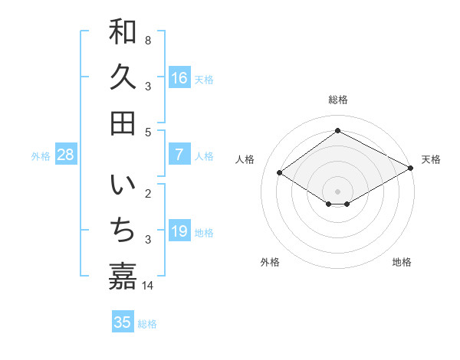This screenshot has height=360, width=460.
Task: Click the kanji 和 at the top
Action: click(123, 32)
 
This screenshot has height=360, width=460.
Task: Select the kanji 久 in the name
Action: click(123, 77)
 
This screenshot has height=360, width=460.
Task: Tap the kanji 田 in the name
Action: click(123, 123)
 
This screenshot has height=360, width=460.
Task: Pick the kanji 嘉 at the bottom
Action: click(123, 277)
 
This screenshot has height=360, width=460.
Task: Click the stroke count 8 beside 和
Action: click(148, 39)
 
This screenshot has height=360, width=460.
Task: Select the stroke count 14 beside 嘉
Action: click(148, 286)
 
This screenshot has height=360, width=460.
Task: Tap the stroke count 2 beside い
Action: click(148, 193)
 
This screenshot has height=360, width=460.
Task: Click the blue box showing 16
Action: click(179, 78)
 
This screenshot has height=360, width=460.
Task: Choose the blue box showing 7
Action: click(179, 155)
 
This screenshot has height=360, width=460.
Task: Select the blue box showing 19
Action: click(179, 231)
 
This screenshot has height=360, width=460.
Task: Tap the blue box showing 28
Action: click(66, 155)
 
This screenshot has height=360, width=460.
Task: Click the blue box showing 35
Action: click(123, 322)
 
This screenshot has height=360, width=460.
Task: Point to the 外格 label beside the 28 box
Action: click(41, 155)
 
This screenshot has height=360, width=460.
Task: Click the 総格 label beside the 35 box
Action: click(147, 323)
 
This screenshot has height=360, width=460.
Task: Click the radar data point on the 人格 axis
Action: click(280, 173)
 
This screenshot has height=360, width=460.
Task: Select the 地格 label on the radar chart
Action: click(402, 262)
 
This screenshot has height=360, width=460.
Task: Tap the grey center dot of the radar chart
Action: click(338, 191)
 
